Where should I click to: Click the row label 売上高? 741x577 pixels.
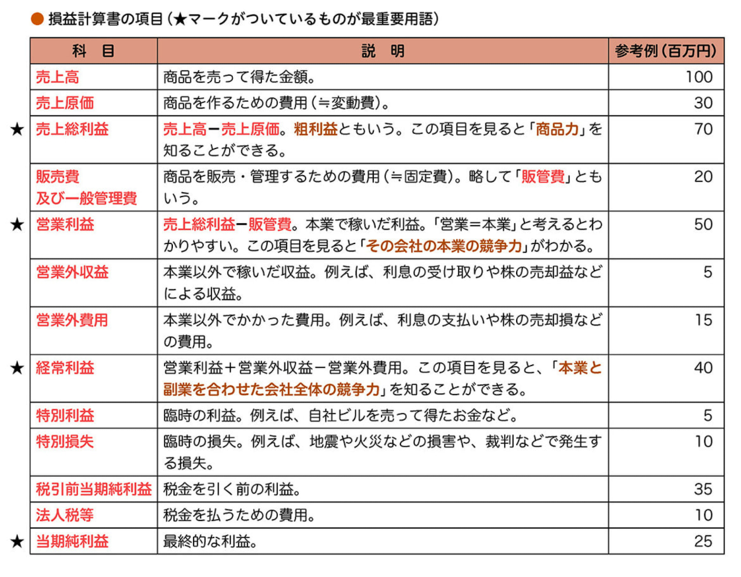(x=57, y=77)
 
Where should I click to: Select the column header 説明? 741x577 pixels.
(x=383, y=51)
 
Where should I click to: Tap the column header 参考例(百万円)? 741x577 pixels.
(x=665, y=51)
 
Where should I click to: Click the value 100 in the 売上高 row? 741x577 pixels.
(x=699, y=77)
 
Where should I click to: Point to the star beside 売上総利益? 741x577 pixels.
(x=17, y=129)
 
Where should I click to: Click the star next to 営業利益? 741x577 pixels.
(x=17, y=224)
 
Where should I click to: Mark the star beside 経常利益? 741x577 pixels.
(x=17, y=368)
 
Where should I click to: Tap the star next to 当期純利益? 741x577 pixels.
(x=17, y=541)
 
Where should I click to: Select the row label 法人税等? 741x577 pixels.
(x=65, y=515)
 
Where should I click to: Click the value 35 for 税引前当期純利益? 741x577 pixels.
(x=703, y=489)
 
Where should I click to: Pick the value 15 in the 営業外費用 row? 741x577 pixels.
(x=703, y=320)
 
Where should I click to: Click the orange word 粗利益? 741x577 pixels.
(x=316, y=129)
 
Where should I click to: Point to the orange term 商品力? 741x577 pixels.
(x=557, y=129)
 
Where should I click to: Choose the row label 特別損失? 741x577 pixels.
(x=65, y=442)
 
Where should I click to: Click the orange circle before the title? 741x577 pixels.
(x=37, y=19)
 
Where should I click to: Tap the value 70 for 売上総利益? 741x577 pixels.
(x=703, y=129)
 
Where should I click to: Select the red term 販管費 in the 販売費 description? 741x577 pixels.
(x=543, y=177)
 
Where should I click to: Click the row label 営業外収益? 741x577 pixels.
(x=72, y=272)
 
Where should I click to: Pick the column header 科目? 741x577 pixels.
(x=93, y=51)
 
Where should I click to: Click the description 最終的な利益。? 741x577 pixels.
(x=210, y=541)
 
